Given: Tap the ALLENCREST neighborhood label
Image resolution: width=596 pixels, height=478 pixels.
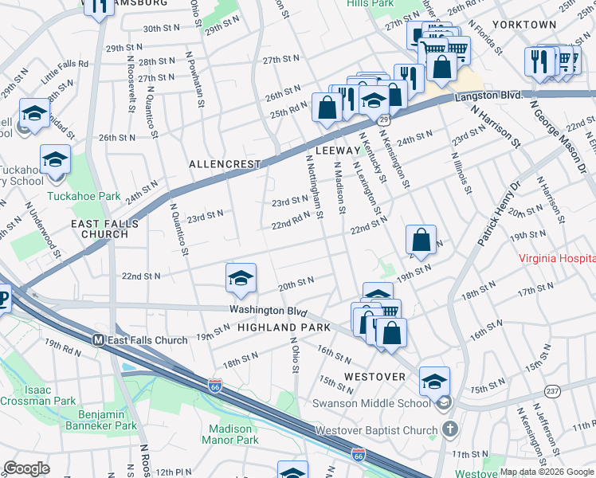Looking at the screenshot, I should click(225, 164).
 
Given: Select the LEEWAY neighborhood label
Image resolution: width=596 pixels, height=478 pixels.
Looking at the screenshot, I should click(338, 150).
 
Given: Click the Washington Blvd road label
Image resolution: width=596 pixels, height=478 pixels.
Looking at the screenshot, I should click(267, 309).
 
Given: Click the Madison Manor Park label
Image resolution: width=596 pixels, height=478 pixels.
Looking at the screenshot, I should click(229, 434).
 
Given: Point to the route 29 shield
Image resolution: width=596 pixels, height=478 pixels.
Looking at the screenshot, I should click(384, 119).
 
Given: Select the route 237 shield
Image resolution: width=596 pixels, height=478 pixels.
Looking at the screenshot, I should click(553, 390).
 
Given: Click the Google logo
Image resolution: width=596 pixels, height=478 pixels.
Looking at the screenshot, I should click(26, 468).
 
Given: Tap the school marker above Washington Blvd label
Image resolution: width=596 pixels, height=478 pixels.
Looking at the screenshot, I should click(241, 279).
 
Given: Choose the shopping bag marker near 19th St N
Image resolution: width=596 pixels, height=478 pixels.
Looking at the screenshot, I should click(421, 240).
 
